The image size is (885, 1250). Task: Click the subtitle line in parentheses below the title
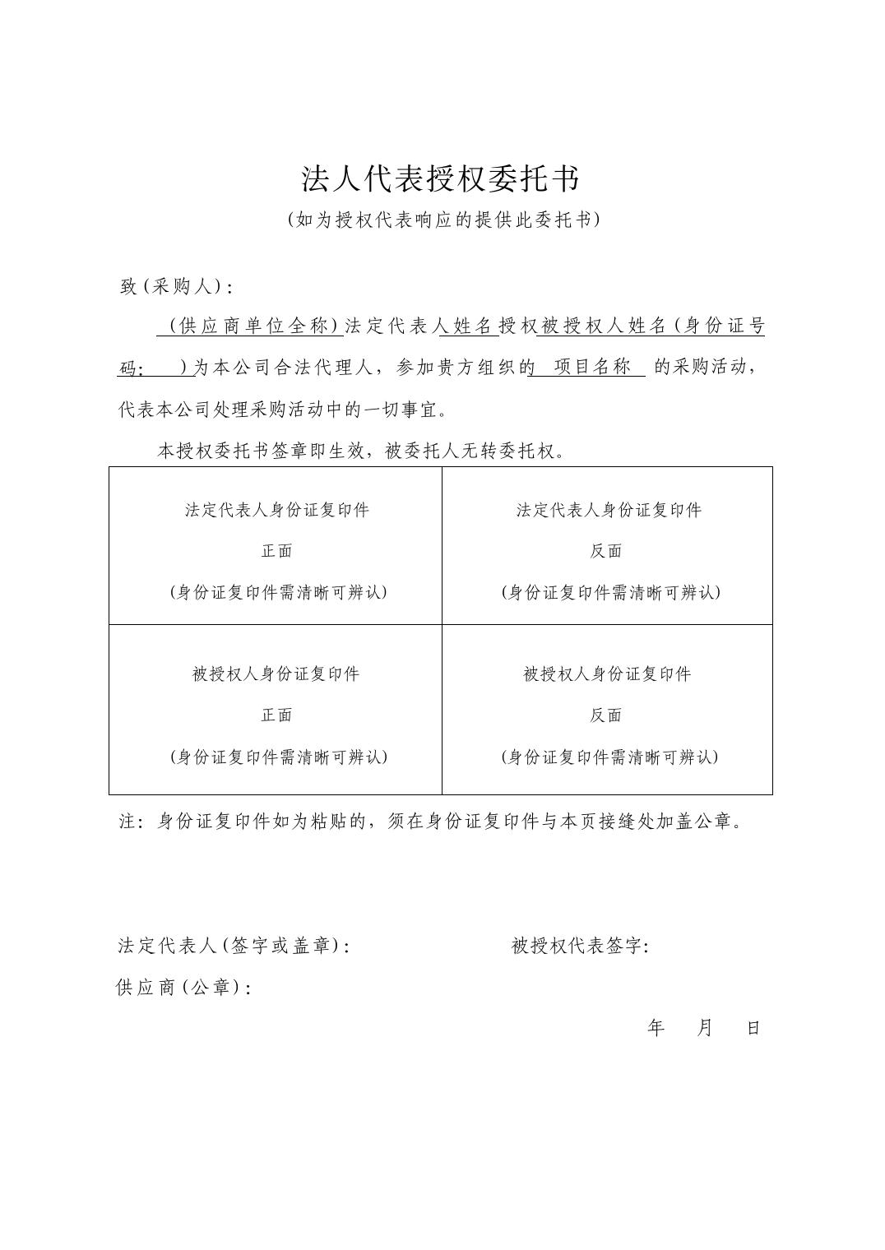pos(442,220)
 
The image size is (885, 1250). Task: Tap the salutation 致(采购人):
pos(176,286)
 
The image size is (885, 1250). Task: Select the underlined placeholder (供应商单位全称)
pos(250,326)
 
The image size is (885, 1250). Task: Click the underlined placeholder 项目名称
pos(591,367)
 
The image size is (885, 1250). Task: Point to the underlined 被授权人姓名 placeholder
pos(602,326)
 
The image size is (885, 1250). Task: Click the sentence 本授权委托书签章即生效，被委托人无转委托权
pos(361,451)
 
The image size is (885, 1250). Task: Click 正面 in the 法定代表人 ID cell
pos(276,551)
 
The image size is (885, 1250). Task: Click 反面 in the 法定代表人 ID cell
pos(606,551)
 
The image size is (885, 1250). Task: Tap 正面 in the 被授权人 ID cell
pos(276,715)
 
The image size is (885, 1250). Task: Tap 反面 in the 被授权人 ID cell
pos(606,715)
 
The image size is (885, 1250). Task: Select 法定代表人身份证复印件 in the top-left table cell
pos(276,510)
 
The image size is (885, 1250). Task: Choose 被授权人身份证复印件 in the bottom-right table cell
pos(607,674)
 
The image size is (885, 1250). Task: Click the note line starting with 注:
pos(431,821)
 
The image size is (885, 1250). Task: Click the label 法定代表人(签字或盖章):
pos(234,946)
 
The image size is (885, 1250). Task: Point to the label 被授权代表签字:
pos(580,946)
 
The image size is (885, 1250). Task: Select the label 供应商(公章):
pos(183,987)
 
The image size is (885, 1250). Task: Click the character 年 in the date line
pos(656,1028)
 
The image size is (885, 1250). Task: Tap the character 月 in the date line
pos(705,1028)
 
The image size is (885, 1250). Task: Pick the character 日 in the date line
pos(753,1028)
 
